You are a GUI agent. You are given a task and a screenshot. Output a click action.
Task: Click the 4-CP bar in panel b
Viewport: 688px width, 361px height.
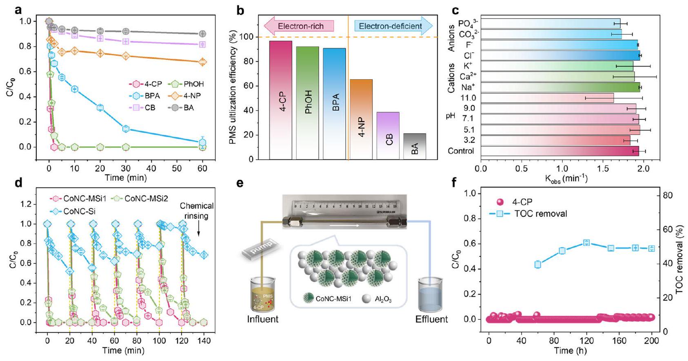point(281,100)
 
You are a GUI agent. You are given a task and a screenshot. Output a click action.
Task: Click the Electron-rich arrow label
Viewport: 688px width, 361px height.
point(300,26)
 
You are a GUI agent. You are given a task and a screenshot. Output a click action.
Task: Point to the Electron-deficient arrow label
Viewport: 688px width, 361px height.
point(391,26)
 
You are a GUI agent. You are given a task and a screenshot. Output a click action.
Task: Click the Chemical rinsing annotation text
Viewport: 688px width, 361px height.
point(197,211)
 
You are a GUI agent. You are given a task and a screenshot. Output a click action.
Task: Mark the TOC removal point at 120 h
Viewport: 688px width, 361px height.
point(586,243)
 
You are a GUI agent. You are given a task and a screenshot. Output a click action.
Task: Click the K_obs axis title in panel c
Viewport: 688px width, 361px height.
point(566,178)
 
